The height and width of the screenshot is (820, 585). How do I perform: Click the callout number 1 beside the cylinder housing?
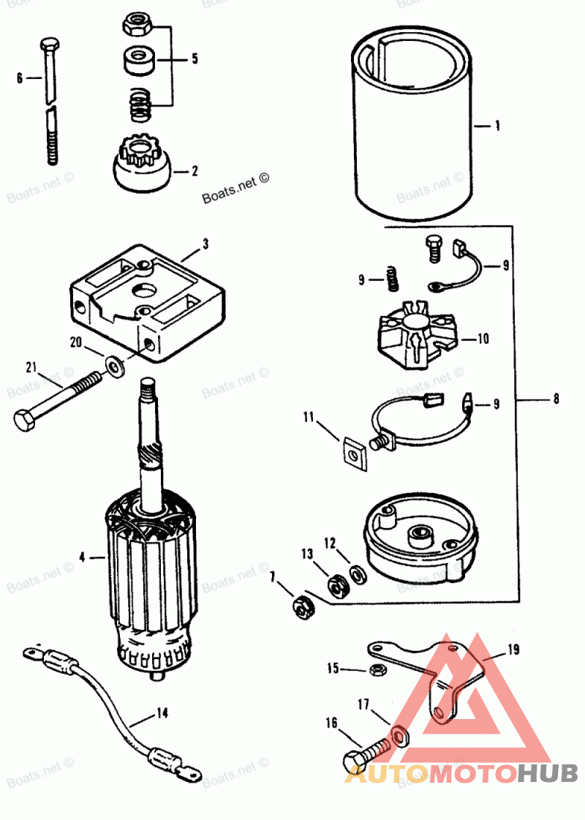(x=497, y=126)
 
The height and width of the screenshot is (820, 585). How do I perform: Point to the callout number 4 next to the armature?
(x=83, y=557)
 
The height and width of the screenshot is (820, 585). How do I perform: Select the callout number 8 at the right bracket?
(x=556, y=399)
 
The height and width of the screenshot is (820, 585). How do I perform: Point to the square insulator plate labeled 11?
(x=354, y=454)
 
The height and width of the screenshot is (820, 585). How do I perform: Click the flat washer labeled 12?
(x=358, y=575)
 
